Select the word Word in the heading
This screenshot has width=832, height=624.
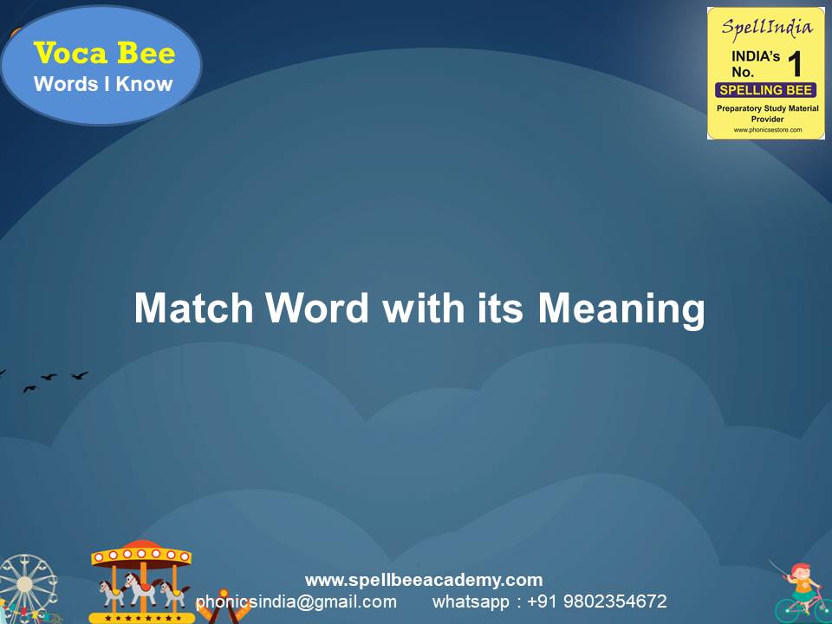[317, 309]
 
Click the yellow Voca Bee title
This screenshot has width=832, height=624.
[104, 54]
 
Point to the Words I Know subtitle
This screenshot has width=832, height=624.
[103, 84]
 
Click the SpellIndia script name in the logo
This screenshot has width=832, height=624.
[767, 27]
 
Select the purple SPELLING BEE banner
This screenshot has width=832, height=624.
[766, 90]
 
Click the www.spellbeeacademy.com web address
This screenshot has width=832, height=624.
[424, 580]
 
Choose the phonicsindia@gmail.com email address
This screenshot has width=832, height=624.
[296, 601]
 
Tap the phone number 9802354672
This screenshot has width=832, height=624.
[615, 601]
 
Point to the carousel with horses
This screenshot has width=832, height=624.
[140, 581]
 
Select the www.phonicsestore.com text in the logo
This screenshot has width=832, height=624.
[767, 130]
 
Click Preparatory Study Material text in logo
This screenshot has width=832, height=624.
[767, 108]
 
